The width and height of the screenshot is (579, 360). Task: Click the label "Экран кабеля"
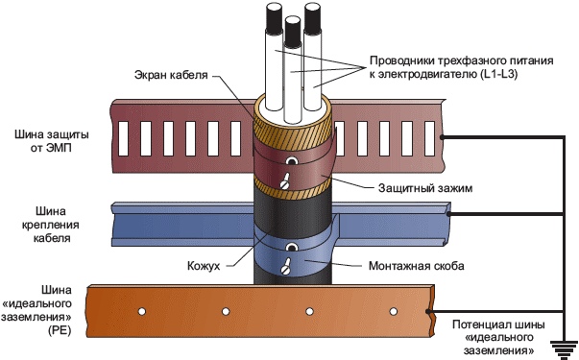click(x=171, y=75)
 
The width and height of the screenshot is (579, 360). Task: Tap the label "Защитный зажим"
click(x=425, y=188)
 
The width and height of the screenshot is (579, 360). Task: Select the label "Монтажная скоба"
click(x=416, y=266)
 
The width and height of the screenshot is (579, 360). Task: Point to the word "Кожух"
click(x=204, y=266)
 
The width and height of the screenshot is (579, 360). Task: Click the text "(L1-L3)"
click(x=499, y=74)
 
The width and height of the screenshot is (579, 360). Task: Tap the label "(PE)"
click(x=60, y=330)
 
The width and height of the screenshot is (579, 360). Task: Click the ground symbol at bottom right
click(x=564, y=349)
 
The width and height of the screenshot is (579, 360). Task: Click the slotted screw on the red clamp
click(x=285, y=181)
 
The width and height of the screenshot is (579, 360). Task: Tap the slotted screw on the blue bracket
click(x=285, y=266)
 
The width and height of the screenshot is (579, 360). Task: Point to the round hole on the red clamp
click(x=293, y=161)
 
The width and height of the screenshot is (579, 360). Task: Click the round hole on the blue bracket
click(x=293, y=247)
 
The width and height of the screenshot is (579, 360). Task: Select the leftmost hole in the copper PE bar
click(x=142, y=311)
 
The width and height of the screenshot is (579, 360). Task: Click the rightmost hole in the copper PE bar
click(x=394, y=311)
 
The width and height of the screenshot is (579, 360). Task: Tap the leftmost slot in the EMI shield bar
click(x=124, y=138)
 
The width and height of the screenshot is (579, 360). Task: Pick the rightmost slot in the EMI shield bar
click(x=430, y=138)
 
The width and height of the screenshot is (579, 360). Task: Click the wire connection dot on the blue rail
click(x=448, y=214)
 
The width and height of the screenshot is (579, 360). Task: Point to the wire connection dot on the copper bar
click(x=428, y=311)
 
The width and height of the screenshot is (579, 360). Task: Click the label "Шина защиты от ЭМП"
click(x=52, y=141)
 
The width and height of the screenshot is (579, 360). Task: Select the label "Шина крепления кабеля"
click(x=51, y=225)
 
